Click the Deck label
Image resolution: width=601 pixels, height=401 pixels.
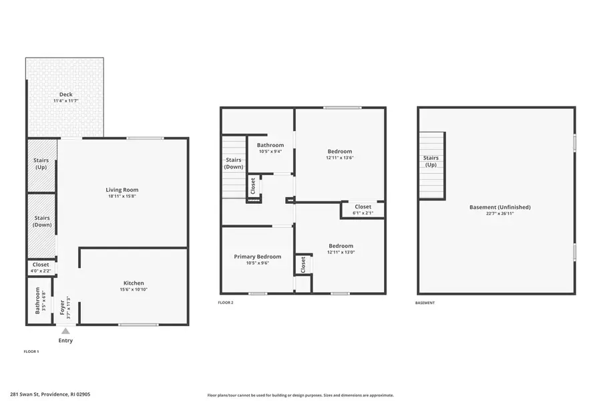(65, 94)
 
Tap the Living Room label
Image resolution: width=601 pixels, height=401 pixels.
(122, 190)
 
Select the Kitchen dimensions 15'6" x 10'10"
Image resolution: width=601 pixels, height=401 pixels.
(134, 289)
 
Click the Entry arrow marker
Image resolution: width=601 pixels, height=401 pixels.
(65, 330)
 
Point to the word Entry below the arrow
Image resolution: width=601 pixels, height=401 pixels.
(65, 341)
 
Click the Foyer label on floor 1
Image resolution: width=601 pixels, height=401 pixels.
(63, 307)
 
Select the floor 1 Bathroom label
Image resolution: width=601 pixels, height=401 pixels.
(38, 301)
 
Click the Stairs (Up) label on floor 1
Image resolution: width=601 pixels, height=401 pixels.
(41, 164)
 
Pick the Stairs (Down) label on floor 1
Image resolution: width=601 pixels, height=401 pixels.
(41, 221)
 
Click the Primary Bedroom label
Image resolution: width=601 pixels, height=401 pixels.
(257, 257)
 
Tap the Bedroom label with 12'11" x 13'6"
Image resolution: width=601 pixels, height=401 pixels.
(339, 151)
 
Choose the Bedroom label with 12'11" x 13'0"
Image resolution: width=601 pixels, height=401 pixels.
(341, 246)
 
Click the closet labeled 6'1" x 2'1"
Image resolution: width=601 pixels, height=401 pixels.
(363, 209)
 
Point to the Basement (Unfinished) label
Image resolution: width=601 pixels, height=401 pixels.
(499, 207)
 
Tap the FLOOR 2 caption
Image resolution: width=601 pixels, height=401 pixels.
(226, 303)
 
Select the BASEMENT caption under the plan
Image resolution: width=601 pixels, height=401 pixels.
(425, 303)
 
